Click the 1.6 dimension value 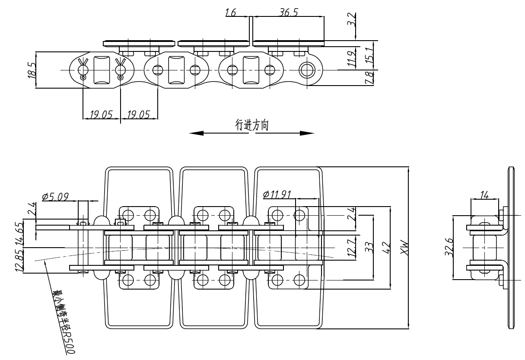tap(230, 13)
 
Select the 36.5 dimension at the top tap(289, 13)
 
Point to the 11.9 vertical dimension tap(353, 57)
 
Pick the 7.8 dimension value tap(369, 78)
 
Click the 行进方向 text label tap(252, 125)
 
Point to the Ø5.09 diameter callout tap(55, 197)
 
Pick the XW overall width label tap(404, 248)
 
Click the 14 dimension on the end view tap(484, 195)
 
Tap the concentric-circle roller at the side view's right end tap(308, 70)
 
